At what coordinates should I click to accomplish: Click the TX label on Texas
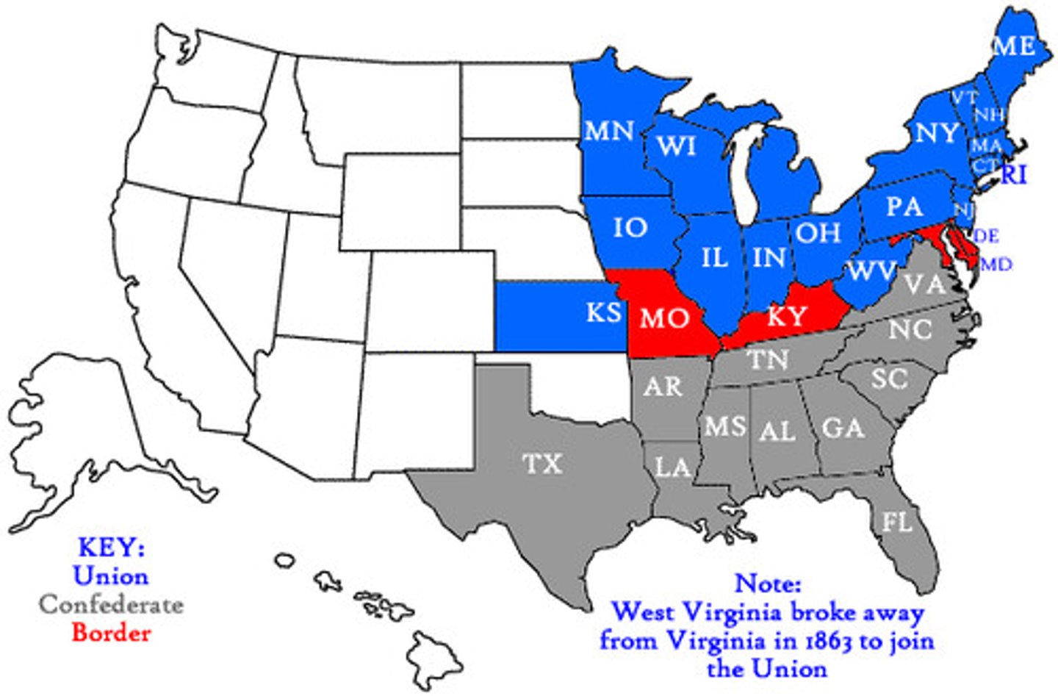pyautogui.click(x=542, y=464)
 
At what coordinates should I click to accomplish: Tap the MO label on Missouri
pyautogui.click(x=665, y=317)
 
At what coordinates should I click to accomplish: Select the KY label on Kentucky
pyautogui.click(x=787, y=317)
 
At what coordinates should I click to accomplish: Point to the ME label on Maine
pyautogui.click(x=1014, y=46)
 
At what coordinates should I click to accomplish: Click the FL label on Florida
pyautogui.click(x=896, y=522)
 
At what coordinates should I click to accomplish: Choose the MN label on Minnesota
pyautogui.click(x=609, y=131)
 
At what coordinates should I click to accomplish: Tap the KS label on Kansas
pyautogui.click(x=604, y=312)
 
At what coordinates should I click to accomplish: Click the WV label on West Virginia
pyautogui.click(x=872, y=270)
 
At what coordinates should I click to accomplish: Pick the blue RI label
pyautogui.click(x=1014, y=175)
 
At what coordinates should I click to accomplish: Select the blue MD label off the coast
pyautogui.click(x=996, y=264)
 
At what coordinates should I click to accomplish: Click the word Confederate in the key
pyautogui.click(x=111, y=605)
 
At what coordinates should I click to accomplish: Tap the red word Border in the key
pyautogui.click(x=111, y=633)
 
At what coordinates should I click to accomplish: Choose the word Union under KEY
pyautogui.click(x=111, y=575)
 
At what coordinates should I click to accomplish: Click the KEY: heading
pyautogui.click(x=111, y=547)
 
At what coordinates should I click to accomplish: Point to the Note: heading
pyautogui.click(x=768, y=584)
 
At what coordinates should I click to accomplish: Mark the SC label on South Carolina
pyautogui.click(x=890, y=379)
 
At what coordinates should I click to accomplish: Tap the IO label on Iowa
pyautogui.click(x=630, y=227)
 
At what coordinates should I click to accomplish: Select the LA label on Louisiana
pyautogui.click(x=672, y=466)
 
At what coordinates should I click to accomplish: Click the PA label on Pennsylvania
pyautogui.click(x=904, y=207)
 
